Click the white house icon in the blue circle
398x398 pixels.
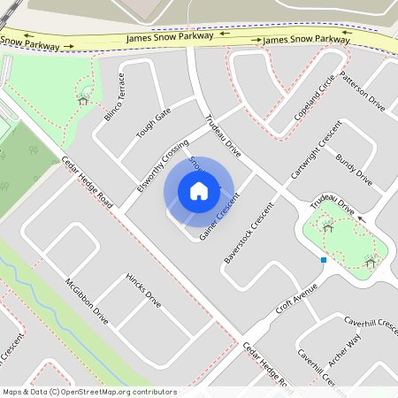[199, 191]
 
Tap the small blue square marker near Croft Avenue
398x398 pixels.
[324, 260]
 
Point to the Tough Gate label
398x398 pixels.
[152, 126]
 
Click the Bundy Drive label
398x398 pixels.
[354, 170]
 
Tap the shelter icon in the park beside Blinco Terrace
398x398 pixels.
[83, 99]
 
